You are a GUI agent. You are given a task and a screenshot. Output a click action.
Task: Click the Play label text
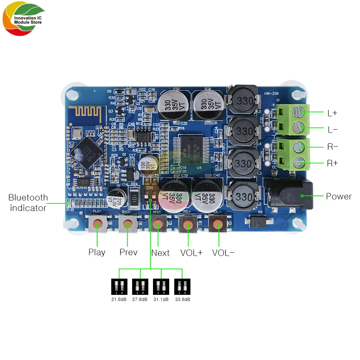click(x=97, y=252)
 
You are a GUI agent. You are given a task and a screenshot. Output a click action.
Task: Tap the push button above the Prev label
click(x=127, y=224)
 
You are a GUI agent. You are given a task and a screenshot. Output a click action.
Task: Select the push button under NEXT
click(x=157, y=224)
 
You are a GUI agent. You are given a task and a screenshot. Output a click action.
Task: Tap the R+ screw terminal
click(x=300, y=163)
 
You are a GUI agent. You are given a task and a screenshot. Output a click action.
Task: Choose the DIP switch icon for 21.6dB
click(x=119, y=287)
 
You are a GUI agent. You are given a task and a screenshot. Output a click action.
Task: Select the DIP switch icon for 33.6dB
click(x=182, y=287)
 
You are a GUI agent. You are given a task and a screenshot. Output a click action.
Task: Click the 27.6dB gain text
click(x=140, y=300)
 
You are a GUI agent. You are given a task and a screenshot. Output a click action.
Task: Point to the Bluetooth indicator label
click(x=28, y=203)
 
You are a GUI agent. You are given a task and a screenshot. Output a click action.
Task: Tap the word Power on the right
click(x=338, y=197)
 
